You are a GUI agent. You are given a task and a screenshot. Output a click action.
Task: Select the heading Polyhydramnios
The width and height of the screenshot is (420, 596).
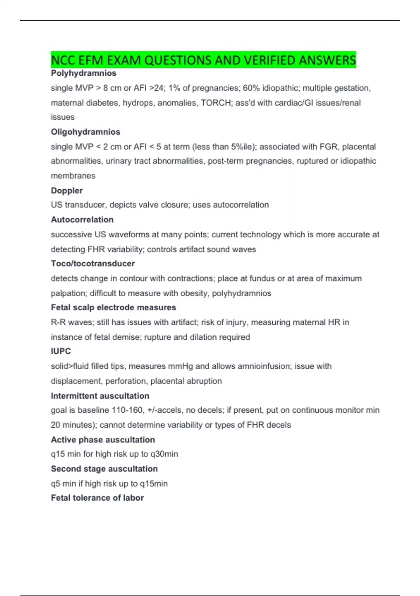[x=83, y=73]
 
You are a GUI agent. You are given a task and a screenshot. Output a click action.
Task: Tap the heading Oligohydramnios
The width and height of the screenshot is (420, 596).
[x=85, y=132]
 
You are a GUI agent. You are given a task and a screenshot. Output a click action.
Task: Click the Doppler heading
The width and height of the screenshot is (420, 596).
[x=66, y=190]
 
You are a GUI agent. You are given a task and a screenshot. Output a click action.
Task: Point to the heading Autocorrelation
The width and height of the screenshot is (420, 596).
[x=82, y=219]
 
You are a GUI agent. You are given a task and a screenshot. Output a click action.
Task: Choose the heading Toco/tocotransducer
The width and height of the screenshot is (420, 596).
[x=93, y=263]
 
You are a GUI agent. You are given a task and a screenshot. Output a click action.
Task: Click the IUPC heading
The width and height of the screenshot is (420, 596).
[x=61, y=351]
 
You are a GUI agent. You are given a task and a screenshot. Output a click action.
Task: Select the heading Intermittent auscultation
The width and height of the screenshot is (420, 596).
[x=100, y=395]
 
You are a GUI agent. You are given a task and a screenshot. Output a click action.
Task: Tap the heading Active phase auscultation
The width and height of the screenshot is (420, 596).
[x=103, y=439]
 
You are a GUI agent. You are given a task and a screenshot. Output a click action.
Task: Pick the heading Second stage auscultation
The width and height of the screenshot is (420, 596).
[x=104, y=468]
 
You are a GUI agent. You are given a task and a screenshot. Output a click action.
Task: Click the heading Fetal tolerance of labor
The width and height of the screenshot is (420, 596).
[x=97, y=497]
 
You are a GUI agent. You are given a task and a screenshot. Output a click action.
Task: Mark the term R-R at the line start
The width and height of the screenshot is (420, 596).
[x=58, y=322]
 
